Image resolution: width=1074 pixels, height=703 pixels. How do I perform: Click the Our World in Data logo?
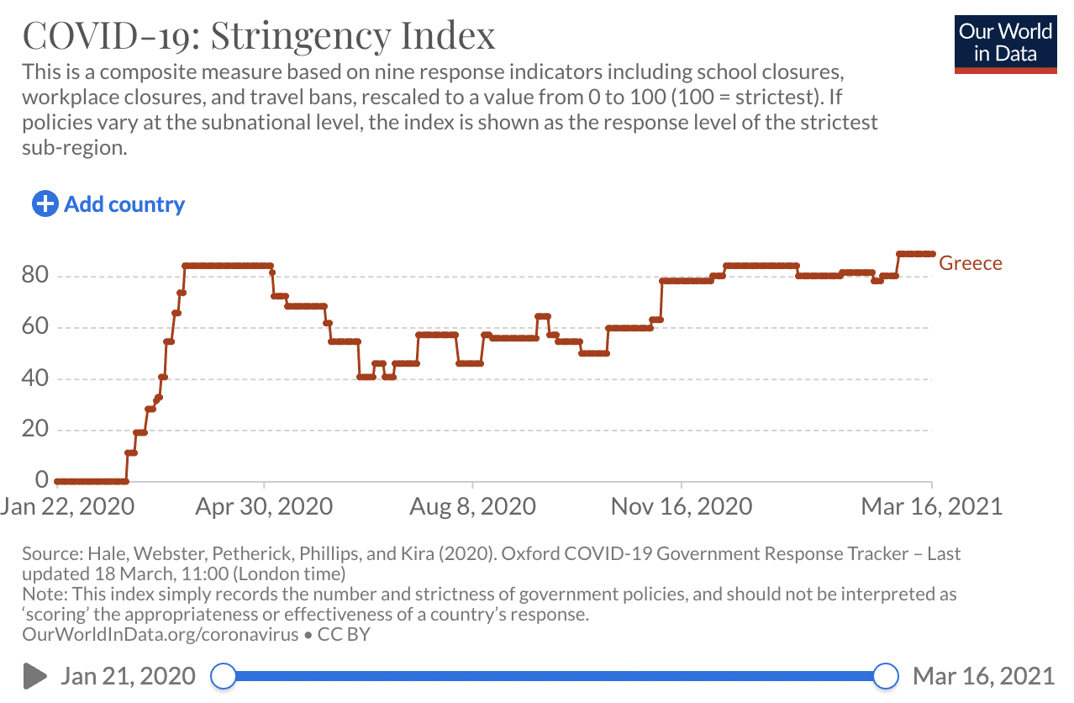pyautogui.click(x=1005, y=43)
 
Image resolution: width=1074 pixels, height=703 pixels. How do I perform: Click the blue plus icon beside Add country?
pyautogui.click(x=45, y=203)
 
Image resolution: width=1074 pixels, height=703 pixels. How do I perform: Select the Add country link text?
pyautogui.click(x=124, y=204)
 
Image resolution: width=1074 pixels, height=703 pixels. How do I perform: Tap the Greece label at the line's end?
pyautogui.click(x=971, y=263)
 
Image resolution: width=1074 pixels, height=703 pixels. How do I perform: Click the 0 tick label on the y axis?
pyautogui.click(x=41, y=480)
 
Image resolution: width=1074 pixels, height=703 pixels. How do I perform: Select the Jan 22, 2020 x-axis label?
pyautogui.click(x=67, y=506)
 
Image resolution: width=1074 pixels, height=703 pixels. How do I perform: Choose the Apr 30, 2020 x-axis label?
pyautogui.click(x=264, y=506)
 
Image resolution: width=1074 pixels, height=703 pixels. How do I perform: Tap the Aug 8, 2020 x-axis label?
pyautogui.click(x=473, y=506)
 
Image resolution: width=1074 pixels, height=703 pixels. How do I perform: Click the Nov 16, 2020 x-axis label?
pyautogui.click(x=682, y=506)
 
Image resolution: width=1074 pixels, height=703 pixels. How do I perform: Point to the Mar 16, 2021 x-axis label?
pyautogui.click(x=932, y=506)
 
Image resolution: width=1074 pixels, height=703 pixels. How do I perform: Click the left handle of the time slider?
pyautogui.click(x=224, y=675)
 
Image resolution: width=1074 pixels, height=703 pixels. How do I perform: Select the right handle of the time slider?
pyautogui.click(x=886, y=675)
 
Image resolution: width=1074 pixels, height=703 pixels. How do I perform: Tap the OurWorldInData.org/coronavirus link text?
pyautogui.click(x=160, y=635)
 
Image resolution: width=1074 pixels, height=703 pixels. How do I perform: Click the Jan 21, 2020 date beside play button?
pyautogui.click(x=128, y=675)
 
